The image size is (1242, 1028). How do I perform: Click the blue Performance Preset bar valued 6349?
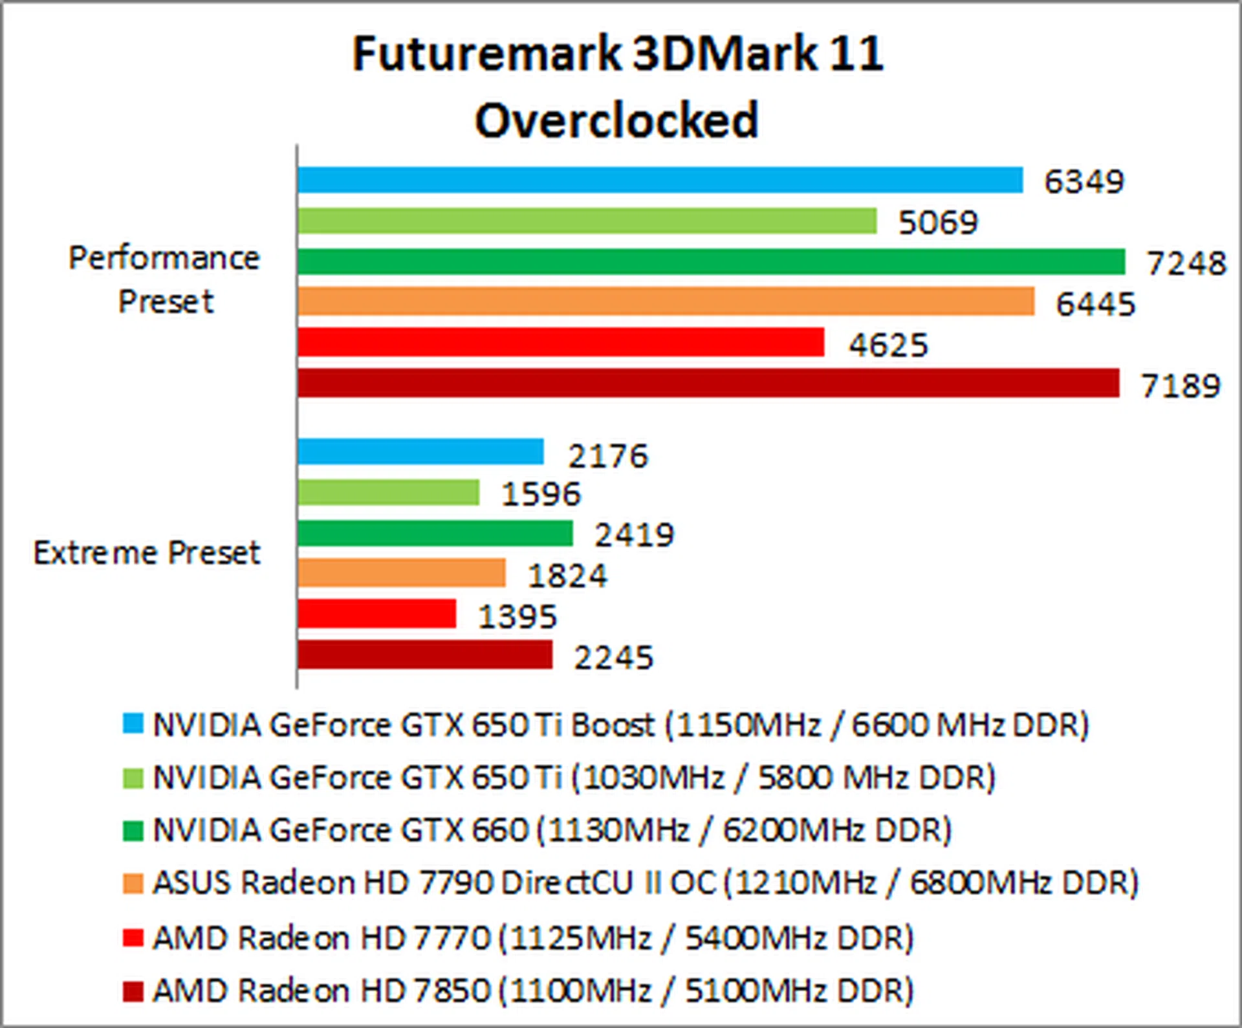pos(660,180)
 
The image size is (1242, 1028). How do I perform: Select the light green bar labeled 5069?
pos(587,221)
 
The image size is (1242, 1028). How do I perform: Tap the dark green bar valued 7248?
pos(711,261)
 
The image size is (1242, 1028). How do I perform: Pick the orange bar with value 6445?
pos(666,301)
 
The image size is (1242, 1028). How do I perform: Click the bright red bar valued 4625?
pos(561,342)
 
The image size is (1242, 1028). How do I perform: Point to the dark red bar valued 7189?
pos(708,383)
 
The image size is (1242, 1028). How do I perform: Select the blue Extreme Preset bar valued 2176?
pos(420,452)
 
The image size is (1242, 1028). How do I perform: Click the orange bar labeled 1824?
pos(401,573)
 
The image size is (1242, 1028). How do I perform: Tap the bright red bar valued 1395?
pos(376,614)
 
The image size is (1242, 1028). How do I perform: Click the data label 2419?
pos(634,535)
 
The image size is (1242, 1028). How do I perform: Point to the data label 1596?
pos(541,494)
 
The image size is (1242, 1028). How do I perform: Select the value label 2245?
pos(613,658)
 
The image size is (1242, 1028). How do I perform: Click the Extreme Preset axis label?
pos(147,552)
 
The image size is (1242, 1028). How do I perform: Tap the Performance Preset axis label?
pos(164,279)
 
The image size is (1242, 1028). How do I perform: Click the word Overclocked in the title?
pos(616,120)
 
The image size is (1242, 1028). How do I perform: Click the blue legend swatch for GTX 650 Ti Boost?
pos(133,723)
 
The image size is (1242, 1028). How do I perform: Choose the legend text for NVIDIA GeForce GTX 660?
pos(552,830)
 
